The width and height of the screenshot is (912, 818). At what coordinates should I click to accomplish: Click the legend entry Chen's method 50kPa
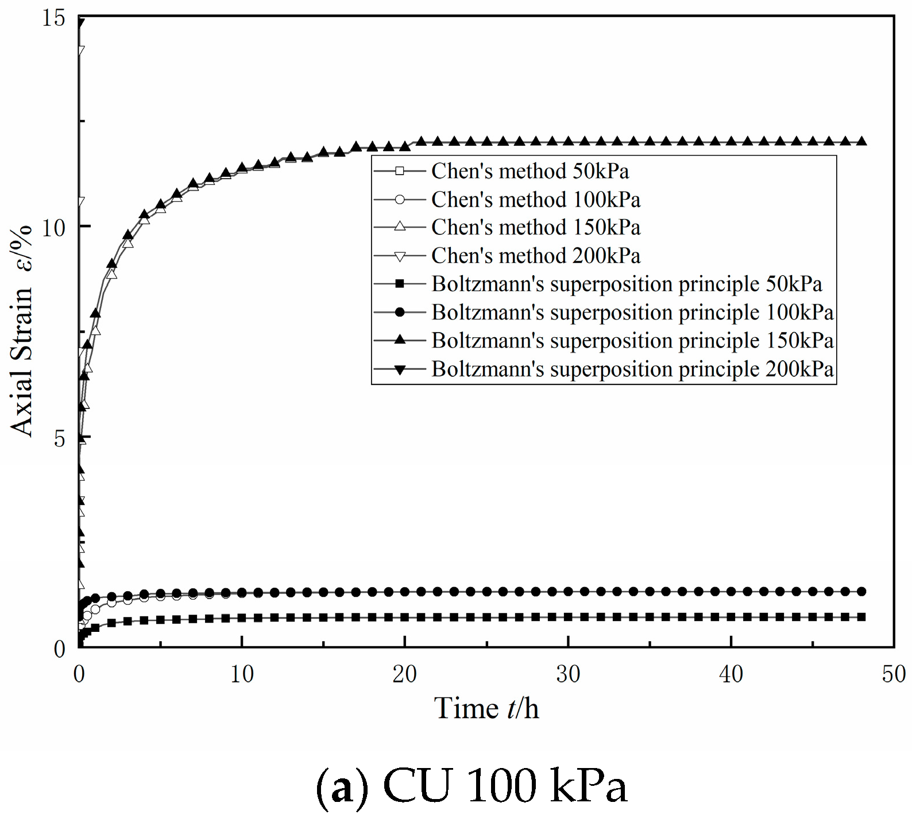530,171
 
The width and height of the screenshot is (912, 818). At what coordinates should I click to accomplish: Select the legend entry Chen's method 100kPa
535,199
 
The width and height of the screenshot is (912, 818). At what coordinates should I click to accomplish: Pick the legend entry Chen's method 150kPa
535,227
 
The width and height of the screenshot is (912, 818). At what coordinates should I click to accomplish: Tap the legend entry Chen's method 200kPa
535,256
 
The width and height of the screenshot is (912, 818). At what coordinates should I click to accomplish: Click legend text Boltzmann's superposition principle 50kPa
627,284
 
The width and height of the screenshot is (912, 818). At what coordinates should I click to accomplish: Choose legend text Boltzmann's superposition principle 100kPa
632,312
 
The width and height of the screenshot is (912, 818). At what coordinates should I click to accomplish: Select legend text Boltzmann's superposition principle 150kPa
632,340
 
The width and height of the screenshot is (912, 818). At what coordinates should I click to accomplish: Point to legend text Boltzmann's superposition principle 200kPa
632,369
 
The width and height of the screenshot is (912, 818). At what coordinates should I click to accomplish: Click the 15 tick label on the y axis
54,18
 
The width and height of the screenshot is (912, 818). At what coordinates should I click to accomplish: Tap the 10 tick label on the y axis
54,227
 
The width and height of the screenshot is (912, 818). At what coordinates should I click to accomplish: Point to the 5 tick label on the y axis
60,439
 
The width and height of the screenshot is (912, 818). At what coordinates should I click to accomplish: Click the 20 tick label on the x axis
405,674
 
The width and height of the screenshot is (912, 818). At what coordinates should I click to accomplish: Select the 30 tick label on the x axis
568,674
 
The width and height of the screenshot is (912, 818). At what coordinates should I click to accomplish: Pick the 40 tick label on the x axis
731,674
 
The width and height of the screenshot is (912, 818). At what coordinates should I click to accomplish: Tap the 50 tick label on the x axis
894,674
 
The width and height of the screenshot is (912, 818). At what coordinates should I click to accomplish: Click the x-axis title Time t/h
486,708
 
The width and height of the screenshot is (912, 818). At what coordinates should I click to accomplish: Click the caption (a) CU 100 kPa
472,785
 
